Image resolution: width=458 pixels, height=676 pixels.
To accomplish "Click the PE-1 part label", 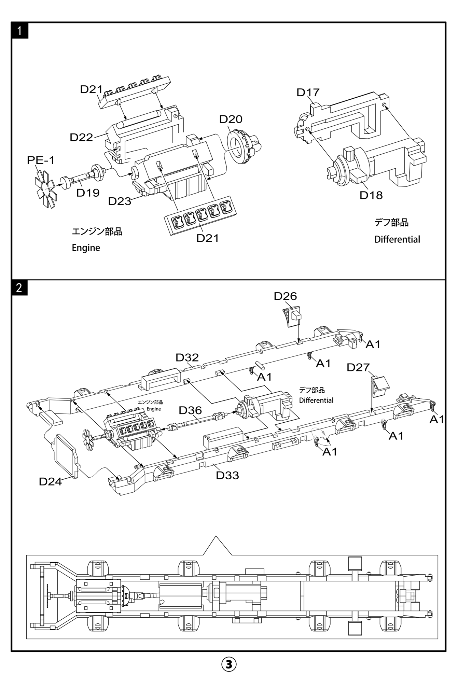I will [x=41, y=160].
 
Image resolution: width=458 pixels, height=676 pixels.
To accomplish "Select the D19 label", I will [x=88, y=193].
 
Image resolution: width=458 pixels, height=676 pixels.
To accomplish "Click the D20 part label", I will [x=231, y=119].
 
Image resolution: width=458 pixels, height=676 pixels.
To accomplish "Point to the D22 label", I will [x=81, y=137].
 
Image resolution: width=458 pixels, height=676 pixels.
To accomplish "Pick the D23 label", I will [x=120, y=201].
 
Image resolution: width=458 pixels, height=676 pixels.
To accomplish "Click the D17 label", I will [x=308, y=92].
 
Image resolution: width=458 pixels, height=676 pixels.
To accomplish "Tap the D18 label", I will [x=371, y=195].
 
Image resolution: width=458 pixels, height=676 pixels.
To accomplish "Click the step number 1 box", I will [x=19, y=31].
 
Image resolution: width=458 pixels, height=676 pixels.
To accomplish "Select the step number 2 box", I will [x=19, y=287].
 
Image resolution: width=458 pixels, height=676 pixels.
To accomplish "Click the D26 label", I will [x=285, y=296].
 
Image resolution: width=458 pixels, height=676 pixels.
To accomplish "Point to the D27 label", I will [x=358, y=367].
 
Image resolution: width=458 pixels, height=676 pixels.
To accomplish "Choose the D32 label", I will [x=187, y=357].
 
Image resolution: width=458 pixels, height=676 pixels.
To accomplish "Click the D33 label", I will [x=227, y=475].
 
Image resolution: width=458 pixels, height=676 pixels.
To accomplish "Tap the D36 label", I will [x=190, y=410].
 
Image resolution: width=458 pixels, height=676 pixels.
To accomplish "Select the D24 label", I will [x=50, y=481].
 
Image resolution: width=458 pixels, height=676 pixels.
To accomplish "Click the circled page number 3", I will [x=229, y=664].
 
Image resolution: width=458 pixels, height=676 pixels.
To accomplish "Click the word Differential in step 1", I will [x=397, y=239].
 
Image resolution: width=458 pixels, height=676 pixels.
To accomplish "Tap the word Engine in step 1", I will [x=86, y=248].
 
